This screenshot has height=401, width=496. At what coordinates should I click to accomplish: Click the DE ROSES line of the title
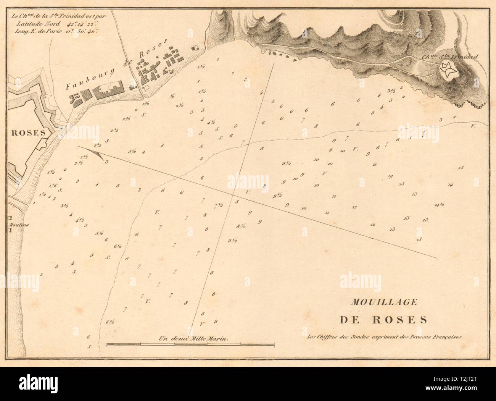pyautogui.click(x=383, y=319)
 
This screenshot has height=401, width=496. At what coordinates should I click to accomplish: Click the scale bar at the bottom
pyautogui.click(x=191, y=345)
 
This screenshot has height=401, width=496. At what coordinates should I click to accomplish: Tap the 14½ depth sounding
pyautogui.click(x=439, y=205)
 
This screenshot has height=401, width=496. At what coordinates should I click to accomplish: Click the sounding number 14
pyautogui.click(x=450, y=185)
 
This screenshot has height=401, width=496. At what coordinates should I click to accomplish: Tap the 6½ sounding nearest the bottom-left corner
pyautogui.click(x=110, y=322)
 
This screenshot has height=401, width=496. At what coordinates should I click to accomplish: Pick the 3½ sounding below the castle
pyautogui.click(x=391, y=91)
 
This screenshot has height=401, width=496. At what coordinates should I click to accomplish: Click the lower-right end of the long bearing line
pyautogui.click(x=437, y=257)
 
